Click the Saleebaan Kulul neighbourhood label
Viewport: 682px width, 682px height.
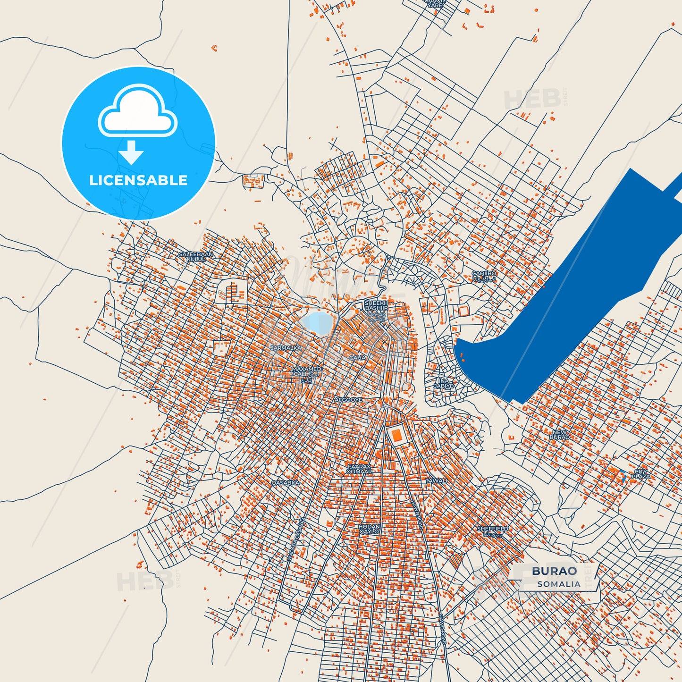pyautogui.click(x=195, y=256)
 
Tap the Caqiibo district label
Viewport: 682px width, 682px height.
pyautogui.click(x=484, y=276)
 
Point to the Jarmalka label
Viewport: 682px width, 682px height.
pyautogui.click(x=286, y=348)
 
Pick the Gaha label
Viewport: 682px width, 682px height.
pyautogui.click(x=357, y=358)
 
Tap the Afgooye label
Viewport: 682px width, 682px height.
pyautogui.click(x=348, y=400)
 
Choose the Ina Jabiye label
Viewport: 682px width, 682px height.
pyautogui.click(x=444, y=383)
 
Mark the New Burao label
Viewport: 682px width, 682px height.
pyautogui.click(x=559, y=434)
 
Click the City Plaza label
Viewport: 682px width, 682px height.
pyautogui.click(x=641, y=474)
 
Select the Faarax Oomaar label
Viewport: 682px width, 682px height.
pyautogui.click(x=359, y=469)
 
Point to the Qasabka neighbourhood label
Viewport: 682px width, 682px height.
pyautogui.click(x=285, y=483)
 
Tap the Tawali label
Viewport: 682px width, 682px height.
pyautogui.click(x=436, y=481)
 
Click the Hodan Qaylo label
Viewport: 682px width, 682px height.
pyautogui.click(x=369, y=529)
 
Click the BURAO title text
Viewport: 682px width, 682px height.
pyautogui.click(x=554, y=571)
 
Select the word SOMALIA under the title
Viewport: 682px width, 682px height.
pyautogui.click(x=559, y=584)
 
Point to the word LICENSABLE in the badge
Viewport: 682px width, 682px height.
pyautogui.click(x=138, y=180)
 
